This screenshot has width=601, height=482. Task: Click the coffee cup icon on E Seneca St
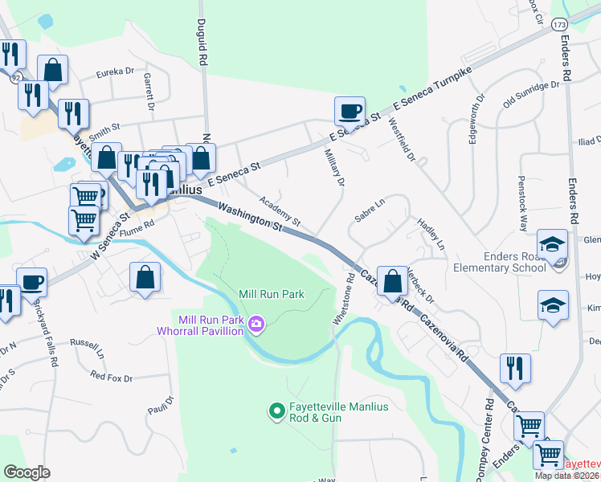350,111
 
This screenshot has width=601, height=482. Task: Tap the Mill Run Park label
272,295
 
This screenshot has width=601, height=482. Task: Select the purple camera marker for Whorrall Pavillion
256,324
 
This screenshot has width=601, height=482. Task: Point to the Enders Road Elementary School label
500,261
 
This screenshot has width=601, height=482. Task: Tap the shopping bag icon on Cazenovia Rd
391,281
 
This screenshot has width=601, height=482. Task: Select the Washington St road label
251,217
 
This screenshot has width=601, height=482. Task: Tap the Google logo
27,472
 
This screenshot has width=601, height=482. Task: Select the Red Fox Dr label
111,375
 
